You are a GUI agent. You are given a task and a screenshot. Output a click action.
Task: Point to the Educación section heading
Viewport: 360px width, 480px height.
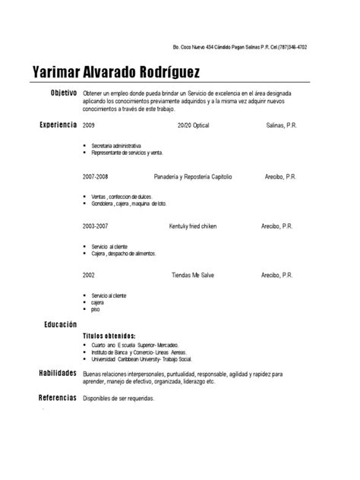tap(58, 324)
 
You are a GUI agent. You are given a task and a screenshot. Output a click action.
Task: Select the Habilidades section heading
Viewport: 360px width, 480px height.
tap(57, 374)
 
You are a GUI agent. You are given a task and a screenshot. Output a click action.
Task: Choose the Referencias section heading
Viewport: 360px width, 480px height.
tap(57, 398)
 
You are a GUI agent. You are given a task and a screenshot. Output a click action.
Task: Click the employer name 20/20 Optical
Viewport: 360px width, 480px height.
tap(192, 125)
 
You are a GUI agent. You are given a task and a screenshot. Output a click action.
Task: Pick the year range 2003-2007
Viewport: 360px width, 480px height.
tap(95, 226)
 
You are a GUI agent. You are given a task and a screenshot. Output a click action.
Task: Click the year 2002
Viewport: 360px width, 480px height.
tap(89, 275)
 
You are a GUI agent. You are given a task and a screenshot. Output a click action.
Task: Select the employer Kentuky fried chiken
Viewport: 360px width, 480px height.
tap(193, 226)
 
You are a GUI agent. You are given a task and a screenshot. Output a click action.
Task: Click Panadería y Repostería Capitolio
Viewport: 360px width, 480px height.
tap(193, 176)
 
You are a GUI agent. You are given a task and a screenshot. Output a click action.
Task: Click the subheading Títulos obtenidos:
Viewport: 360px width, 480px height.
tap(109, 335)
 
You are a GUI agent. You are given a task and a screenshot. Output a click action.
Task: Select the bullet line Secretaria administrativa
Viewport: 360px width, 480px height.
tap(116, 145)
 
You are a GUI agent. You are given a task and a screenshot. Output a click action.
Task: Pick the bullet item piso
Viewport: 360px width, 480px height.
tap(95, 310)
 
